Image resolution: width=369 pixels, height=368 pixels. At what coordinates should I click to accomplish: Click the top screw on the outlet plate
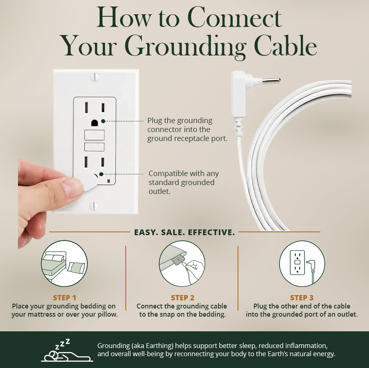(95, 77)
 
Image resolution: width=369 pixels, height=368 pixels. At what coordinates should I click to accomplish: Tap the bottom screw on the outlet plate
(94, 206)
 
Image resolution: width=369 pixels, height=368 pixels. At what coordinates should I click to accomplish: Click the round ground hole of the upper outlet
(95, 123)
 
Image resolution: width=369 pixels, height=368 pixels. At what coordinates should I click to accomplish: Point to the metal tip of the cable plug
(271, 81)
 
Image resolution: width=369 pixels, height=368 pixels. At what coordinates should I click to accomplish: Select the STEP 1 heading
(64, 298)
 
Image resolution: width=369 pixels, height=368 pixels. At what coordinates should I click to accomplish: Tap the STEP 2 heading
(182, 298)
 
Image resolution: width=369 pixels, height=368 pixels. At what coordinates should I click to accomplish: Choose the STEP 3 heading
(302, 298)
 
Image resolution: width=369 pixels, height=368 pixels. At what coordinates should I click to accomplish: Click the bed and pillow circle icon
(64, 263)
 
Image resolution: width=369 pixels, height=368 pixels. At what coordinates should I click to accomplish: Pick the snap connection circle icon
(182, 263)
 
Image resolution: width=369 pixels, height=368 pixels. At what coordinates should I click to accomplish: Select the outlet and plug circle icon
(302, 263)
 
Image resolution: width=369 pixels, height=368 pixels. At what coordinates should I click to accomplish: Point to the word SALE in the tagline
(171, 232)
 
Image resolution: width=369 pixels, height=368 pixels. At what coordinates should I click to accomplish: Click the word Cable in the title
(285, 46)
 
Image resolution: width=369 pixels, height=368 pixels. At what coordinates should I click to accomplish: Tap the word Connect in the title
(235, 18)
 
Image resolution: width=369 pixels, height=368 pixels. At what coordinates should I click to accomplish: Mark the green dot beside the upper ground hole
(103, 121)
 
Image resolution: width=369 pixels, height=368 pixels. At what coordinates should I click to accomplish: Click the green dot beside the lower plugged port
(101, 174)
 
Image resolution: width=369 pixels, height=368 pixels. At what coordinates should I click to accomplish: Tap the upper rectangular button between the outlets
(94, 135)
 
